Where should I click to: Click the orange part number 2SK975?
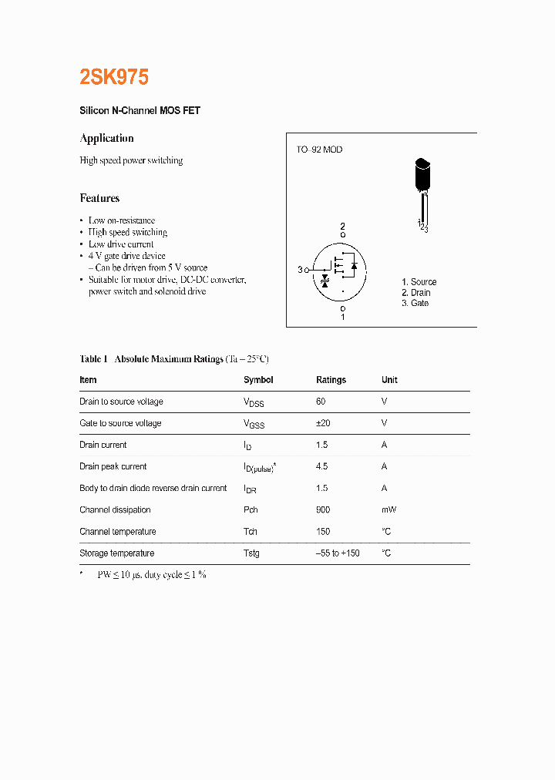point(114,77)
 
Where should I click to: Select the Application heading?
point(106,138)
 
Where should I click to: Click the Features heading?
point(99,198)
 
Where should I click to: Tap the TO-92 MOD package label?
point(319,150)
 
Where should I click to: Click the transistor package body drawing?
point(422,176)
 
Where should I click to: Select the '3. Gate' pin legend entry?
point(415,303)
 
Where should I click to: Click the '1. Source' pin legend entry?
point(419,282)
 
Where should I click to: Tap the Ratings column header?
point(331,380)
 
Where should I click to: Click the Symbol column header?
point(258,380)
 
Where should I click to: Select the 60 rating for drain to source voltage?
point(321,402)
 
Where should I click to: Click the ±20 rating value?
point(323,423)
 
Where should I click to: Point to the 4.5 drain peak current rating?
point(321,466)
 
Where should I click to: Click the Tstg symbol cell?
point(251,553)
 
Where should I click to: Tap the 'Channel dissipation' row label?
point(115,509)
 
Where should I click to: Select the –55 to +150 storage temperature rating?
point(338,553)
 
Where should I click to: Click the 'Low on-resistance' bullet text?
point(122,220)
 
